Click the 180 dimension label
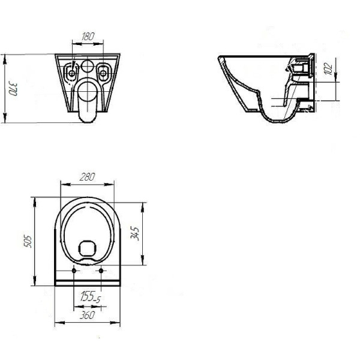click(x=88, y=36)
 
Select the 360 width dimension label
click(x=87, y=315)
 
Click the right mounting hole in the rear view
click(x=103, y=73)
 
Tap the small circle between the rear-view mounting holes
click(x=88, y=67)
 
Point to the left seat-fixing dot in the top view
click(x=74, y=271)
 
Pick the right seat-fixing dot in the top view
click(x=101, y=271)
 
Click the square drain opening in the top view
click(x=88, y=248)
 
